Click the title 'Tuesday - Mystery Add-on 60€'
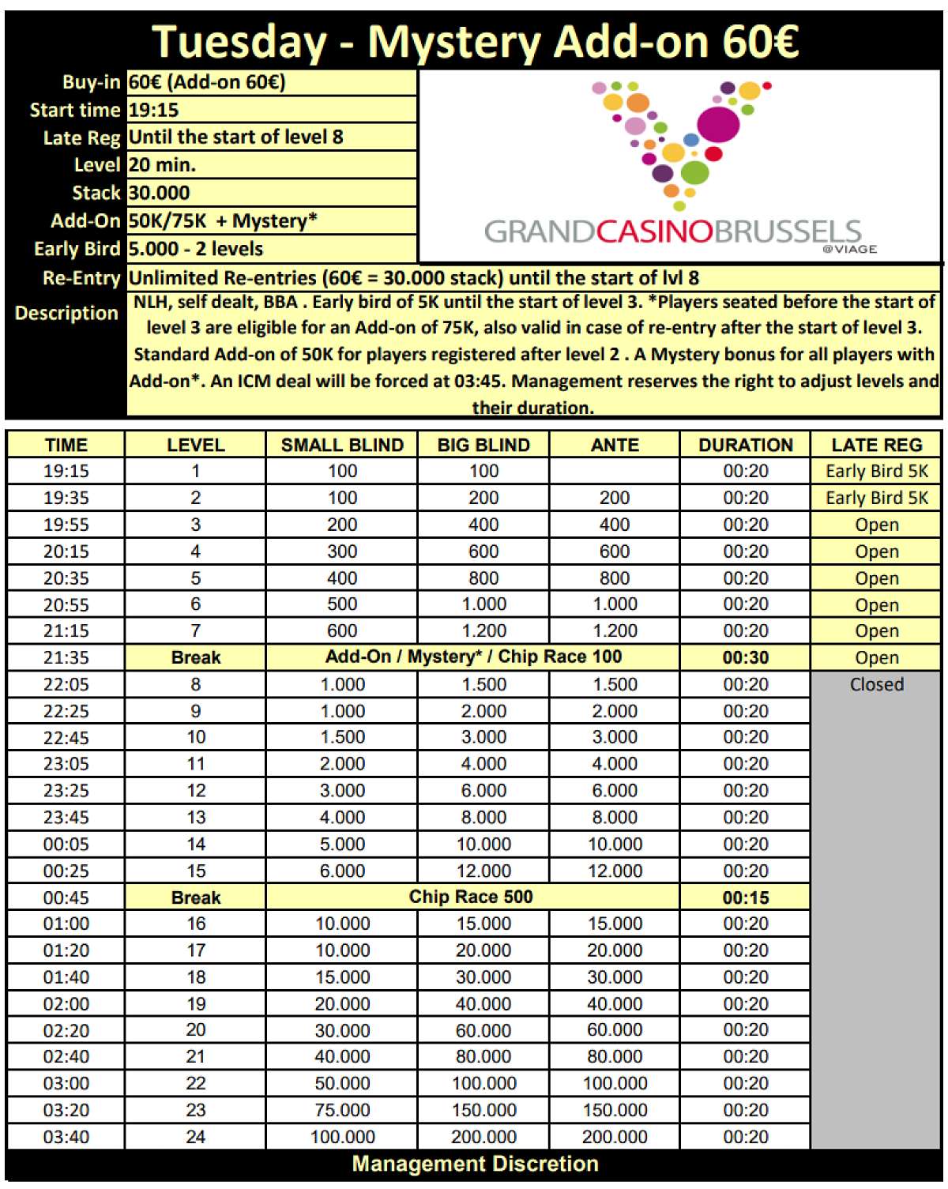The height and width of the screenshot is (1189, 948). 475,41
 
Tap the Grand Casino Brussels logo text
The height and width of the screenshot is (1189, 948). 672,231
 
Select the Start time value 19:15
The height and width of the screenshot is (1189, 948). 154,110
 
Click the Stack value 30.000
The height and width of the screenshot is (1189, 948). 160,193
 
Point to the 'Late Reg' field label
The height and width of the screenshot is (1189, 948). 81,137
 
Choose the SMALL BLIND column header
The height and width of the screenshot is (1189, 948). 341,445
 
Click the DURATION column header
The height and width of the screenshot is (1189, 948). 745,445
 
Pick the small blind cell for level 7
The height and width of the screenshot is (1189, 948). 341,630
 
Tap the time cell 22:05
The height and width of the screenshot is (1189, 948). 66,684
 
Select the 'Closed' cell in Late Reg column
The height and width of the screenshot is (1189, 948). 876,684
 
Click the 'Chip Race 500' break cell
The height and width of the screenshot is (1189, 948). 471,897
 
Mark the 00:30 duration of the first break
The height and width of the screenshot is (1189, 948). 745,657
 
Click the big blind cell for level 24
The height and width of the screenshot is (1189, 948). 483,1137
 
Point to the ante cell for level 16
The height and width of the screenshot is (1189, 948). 615,924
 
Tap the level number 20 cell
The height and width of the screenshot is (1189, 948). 195,1030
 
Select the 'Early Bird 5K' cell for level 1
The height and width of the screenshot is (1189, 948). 876,471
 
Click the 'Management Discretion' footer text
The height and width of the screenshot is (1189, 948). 475,1164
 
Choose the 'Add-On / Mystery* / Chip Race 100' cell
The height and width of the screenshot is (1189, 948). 472,657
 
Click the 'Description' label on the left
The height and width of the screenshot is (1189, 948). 66,313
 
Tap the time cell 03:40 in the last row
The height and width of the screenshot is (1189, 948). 66,1137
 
